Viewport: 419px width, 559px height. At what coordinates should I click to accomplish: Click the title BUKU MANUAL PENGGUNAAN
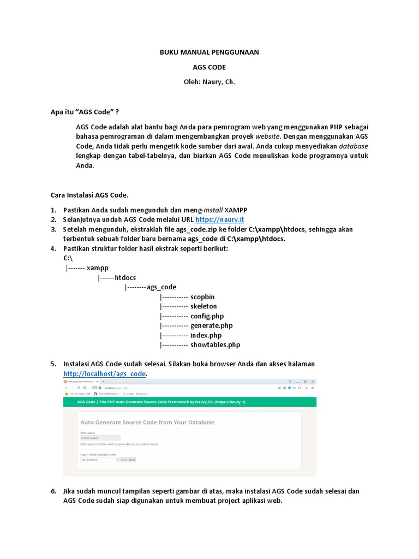click(209, 52)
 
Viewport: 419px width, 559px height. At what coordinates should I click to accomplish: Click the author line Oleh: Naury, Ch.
click(209, 82)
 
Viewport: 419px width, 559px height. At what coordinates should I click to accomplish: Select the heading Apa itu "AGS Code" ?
click(85, 111)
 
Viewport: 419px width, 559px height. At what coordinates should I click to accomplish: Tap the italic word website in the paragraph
click(268, 136)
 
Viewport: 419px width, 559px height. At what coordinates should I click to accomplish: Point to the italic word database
click(353, 146)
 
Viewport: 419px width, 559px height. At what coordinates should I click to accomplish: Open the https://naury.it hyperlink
click(225, 219)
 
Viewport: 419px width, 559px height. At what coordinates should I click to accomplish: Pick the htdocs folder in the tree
click(125, 278)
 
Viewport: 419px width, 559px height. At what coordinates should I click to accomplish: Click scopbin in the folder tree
click(202, 296)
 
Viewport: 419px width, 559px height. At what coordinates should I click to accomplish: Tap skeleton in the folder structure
click(203, 306)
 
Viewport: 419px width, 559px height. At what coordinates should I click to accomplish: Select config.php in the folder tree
click(207, 316)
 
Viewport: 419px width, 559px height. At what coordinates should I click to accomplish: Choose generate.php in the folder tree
click(211, 325)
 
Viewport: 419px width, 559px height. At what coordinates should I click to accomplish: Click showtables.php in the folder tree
click(215, 344)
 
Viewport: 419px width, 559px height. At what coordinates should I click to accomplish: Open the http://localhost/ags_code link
click(105, 373)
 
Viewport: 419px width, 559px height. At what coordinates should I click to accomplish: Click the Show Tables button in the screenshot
click(128, 460)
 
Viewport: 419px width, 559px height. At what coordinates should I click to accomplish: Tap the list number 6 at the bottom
click(53, 491)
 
